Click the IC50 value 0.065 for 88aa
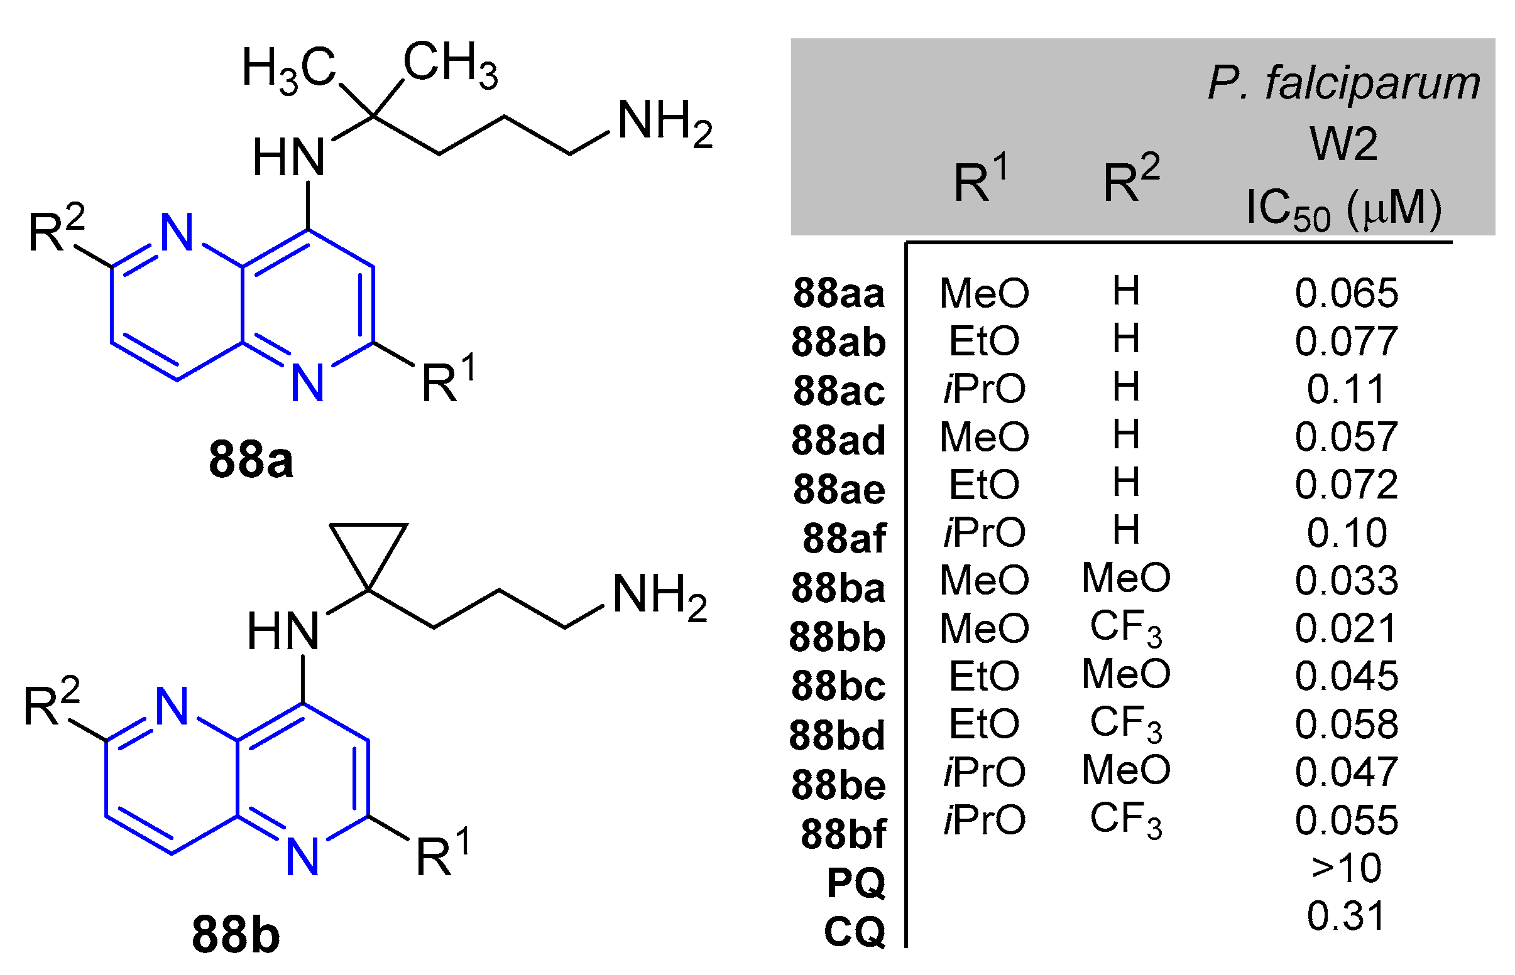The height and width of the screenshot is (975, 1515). (x=1346, y=293)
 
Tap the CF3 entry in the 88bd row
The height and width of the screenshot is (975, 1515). (x=1126, y=724)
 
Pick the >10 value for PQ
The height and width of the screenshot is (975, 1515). (x=1347, y=868)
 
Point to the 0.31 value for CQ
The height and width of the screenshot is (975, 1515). (x=1346, y=915)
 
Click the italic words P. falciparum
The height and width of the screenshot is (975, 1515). (x=1343, y=83)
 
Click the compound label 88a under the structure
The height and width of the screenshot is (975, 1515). (x=251, y=460)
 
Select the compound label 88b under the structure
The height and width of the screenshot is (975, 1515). (x=235, y=934)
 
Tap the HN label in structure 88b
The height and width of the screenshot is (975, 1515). (x=283, y=632)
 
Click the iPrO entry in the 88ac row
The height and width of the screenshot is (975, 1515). (x=984, y=388)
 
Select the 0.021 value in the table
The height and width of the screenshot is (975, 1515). (x=1346, y=628)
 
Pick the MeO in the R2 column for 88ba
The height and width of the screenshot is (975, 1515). (x=1126, y=578)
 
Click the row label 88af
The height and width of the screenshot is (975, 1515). (x=843, y=538)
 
